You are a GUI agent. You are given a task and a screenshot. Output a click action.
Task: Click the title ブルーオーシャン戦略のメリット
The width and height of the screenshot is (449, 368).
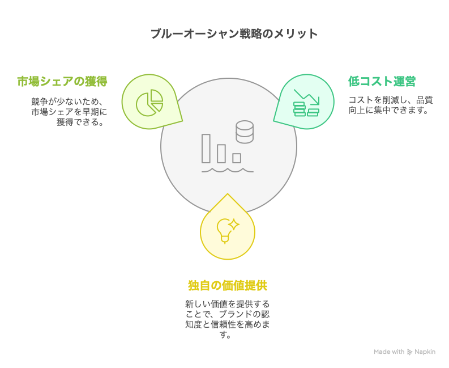pos(234,33)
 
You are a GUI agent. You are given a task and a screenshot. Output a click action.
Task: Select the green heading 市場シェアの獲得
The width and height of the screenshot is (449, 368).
pos(62,81)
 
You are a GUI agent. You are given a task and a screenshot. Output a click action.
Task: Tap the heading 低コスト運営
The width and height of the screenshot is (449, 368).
pos(382,81)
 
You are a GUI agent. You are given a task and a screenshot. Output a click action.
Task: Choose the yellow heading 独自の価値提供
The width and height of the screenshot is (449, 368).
pos(228,285)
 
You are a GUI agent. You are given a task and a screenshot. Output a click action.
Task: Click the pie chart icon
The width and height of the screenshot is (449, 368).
pos(149,103)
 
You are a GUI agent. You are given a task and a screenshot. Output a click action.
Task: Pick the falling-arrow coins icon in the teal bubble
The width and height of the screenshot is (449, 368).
pos(306,103)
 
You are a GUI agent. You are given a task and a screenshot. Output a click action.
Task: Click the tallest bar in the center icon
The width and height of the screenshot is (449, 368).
pos(206,149)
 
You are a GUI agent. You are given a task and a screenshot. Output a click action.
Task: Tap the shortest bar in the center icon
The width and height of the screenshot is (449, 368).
pos(237,158)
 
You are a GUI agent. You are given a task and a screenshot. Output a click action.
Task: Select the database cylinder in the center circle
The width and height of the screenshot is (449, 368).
pos(245,132)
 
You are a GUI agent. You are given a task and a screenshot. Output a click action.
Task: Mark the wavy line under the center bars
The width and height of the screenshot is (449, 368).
pos(228,171)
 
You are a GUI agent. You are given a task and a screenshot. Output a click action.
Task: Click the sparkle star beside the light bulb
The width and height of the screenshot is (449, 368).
pos(234,225)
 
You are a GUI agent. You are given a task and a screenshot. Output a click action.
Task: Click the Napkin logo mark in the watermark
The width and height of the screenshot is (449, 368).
pos(409,352)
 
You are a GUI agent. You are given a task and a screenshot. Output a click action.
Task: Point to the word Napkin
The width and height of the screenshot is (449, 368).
pos(425,352)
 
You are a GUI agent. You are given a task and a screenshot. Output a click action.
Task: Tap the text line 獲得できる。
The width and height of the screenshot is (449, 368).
pos(80,122)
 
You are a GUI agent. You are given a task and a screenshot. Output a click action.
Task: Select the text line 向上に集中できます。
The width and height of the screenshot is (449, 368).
pos(388,110)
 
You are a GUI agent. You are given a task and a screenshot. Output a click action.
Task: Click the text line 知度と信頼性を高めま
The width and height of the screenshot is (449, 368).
pos(228,324)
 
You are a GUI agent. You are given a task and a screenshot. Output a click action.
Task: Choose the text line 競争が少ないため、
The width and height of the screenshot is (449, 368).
pos(67,101)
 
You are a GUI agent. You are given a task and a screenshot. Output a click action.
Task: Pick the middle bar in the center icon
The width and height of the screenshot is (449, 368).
pos(221,154)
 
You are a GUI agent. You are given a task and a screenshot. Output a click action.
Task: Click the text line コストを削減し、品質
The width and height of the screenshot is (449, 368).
pos(391,100)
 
